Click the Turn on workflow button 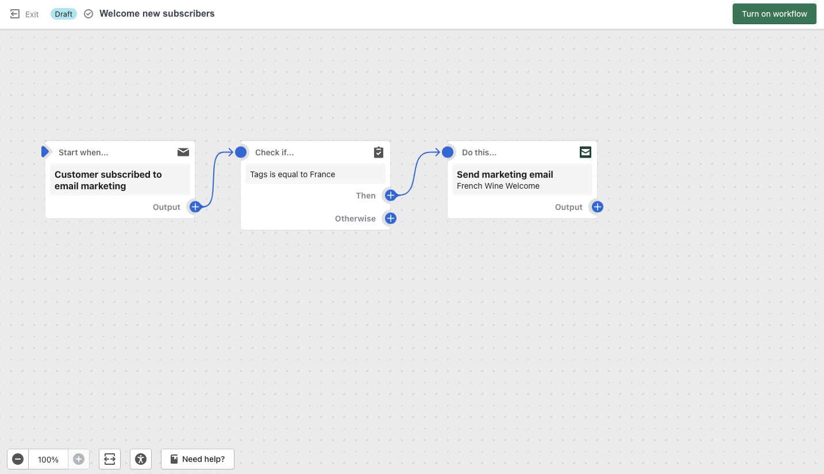point(775,14)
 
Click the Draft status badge point(63,14)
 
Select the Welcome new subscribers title point(157,14)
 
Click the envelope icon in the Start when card point(183,152)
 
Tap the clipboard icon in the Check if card point(379,152)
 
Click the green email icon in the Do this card point(586,152)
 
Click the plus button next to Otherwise point(391,219)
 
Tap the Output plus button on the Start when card point(195,207)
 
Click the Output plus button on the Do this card point(598,207)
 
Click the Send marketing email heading point(505,174)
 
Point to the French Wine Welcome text point(498,186)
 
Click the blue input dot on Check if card point(241,152)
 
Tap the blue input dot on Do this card point(448,152)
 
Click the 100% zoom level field point(48,459)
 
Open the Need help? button point(198,459)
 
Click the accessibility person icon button point(141,459)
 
